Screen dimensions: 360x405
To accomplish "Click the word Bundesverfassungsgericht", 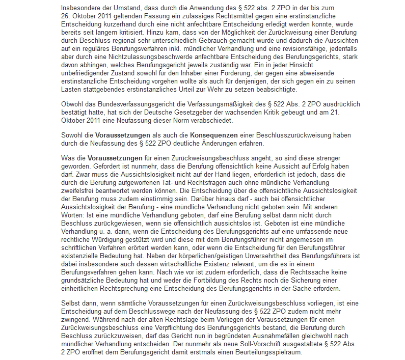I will pos(141,104).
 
